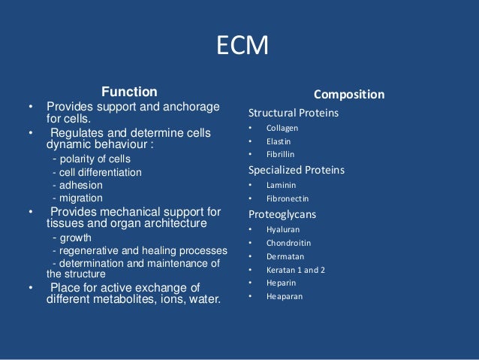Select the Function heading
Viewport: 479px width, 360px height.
click(130, 92)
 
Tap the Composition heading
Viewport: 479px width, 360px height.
click(349, 95)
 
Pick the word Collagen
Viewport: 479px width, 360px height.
click(282, 128)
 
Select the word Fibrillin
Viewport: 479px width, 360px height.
click(280, 154)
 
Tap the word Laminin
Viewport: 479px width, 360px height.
click(281, 185)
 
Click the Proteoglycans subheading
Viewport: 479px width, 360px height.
click(282, 214)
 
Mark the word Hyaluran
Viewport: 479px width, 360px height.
click(282, 229)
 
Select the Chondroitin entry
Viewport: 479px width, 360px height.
click(288, 243)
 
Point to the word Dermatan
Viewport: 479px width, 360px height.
click(284, 256)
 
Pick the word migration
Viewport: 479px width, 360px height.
click(84, 197)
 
